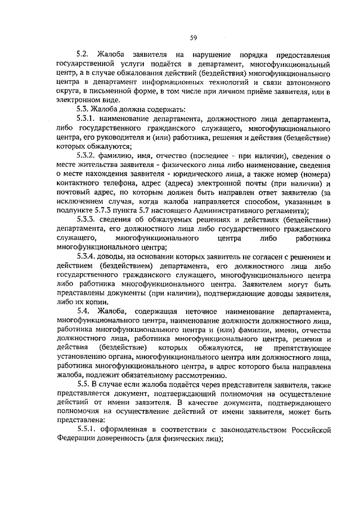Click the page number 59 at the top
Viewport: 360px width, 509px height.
coord(192,37)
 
